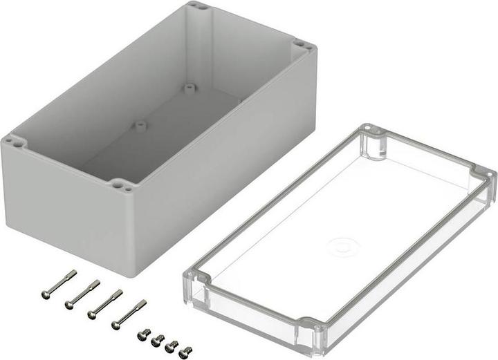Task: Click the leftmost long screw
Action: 58,284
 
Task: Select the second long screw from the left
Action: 82,294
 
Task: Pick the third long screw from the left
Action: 105,303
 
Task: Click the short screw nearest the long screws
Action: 144,334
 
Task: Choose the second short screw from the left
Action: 158,340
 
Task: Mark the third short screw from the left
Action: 172,346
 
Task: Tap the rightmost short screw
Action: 185,352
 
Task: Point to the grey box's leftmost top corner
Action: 12,143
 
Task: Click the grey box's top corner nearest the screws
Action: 122,186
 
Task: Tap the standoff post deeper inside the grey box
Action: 189,88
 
